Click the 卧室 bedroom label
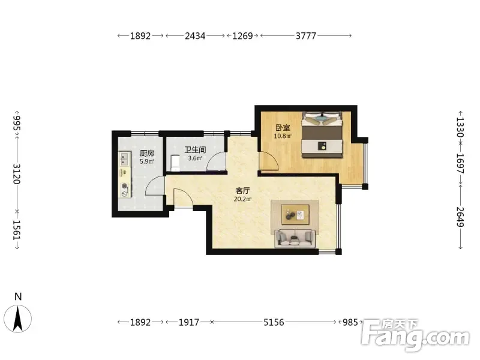283,128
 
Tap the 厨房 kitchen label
146,153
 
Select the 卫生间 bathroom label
195,150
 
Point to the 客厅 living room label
242,191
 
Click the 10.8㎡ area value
283,136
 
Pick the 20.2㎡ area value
242,199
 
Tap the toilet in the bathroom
175,163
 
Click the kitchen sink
124,158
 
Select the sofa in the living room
295,238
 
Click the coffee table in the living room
295,214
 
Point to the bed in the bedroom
322,135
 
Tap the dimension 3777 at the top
306,36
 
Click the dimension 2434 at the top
195,36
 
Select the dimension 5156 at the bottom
274,322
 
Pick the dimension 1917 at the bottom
188,322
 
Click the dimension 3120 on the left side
17,173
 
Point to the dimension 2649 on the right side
460,217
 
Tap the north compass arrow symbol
18,319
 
